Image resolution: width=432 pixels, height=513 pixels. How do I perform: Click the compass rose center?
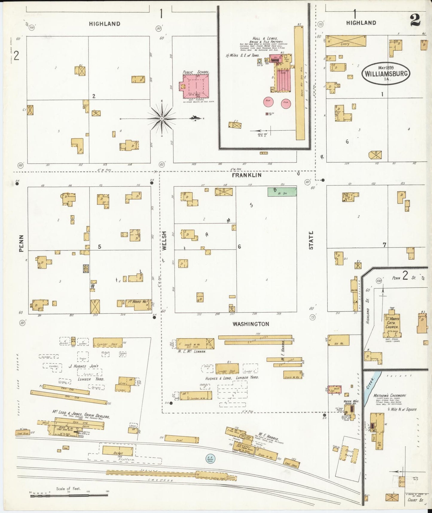point(162,119)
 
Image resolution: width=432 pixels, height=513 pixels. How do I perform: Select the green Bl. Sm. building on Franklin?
point(282,192)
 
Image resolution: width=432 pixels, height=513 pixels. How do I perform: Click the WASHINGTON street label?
point(251,324)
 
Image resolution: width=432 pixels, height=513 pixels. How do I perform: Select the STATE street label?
point(311,240)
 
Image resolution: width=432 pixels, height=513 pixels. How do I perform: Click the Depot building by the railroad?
point(117,450)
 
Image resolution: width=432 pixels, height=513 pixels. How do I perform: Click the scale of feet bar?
point(69,496)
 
